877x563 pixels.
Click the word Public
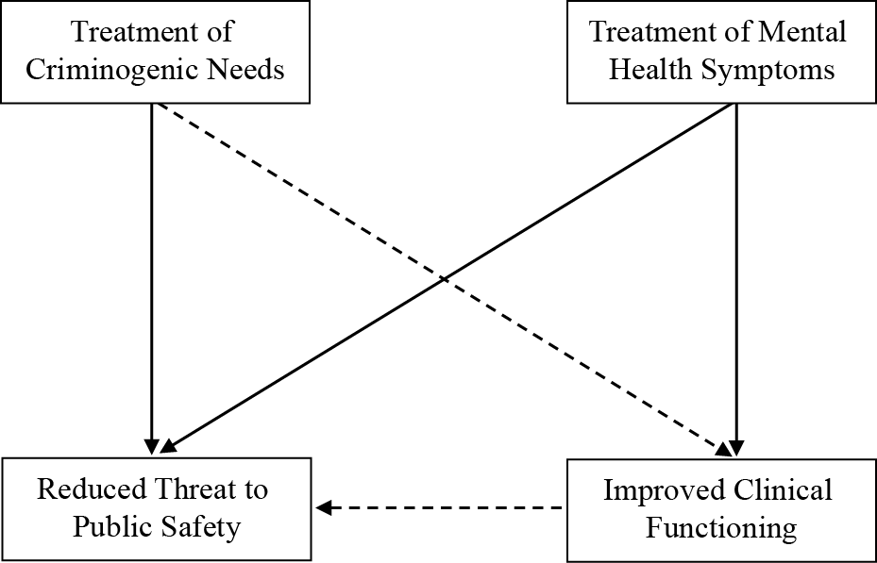click(x=111, y=526)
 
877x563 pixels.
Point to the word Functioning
click(x=720, y=526)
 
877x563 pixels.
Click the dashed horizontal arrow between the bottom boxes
click(x=444, y=508)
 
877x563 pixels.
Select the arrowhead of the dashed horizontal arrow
click(x=323, y=508)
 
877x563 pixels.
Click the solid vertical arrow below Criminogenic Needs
click(x=151, y=273)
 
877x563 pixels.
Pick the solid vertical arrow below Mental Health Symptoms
click(x=735, y=273)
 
